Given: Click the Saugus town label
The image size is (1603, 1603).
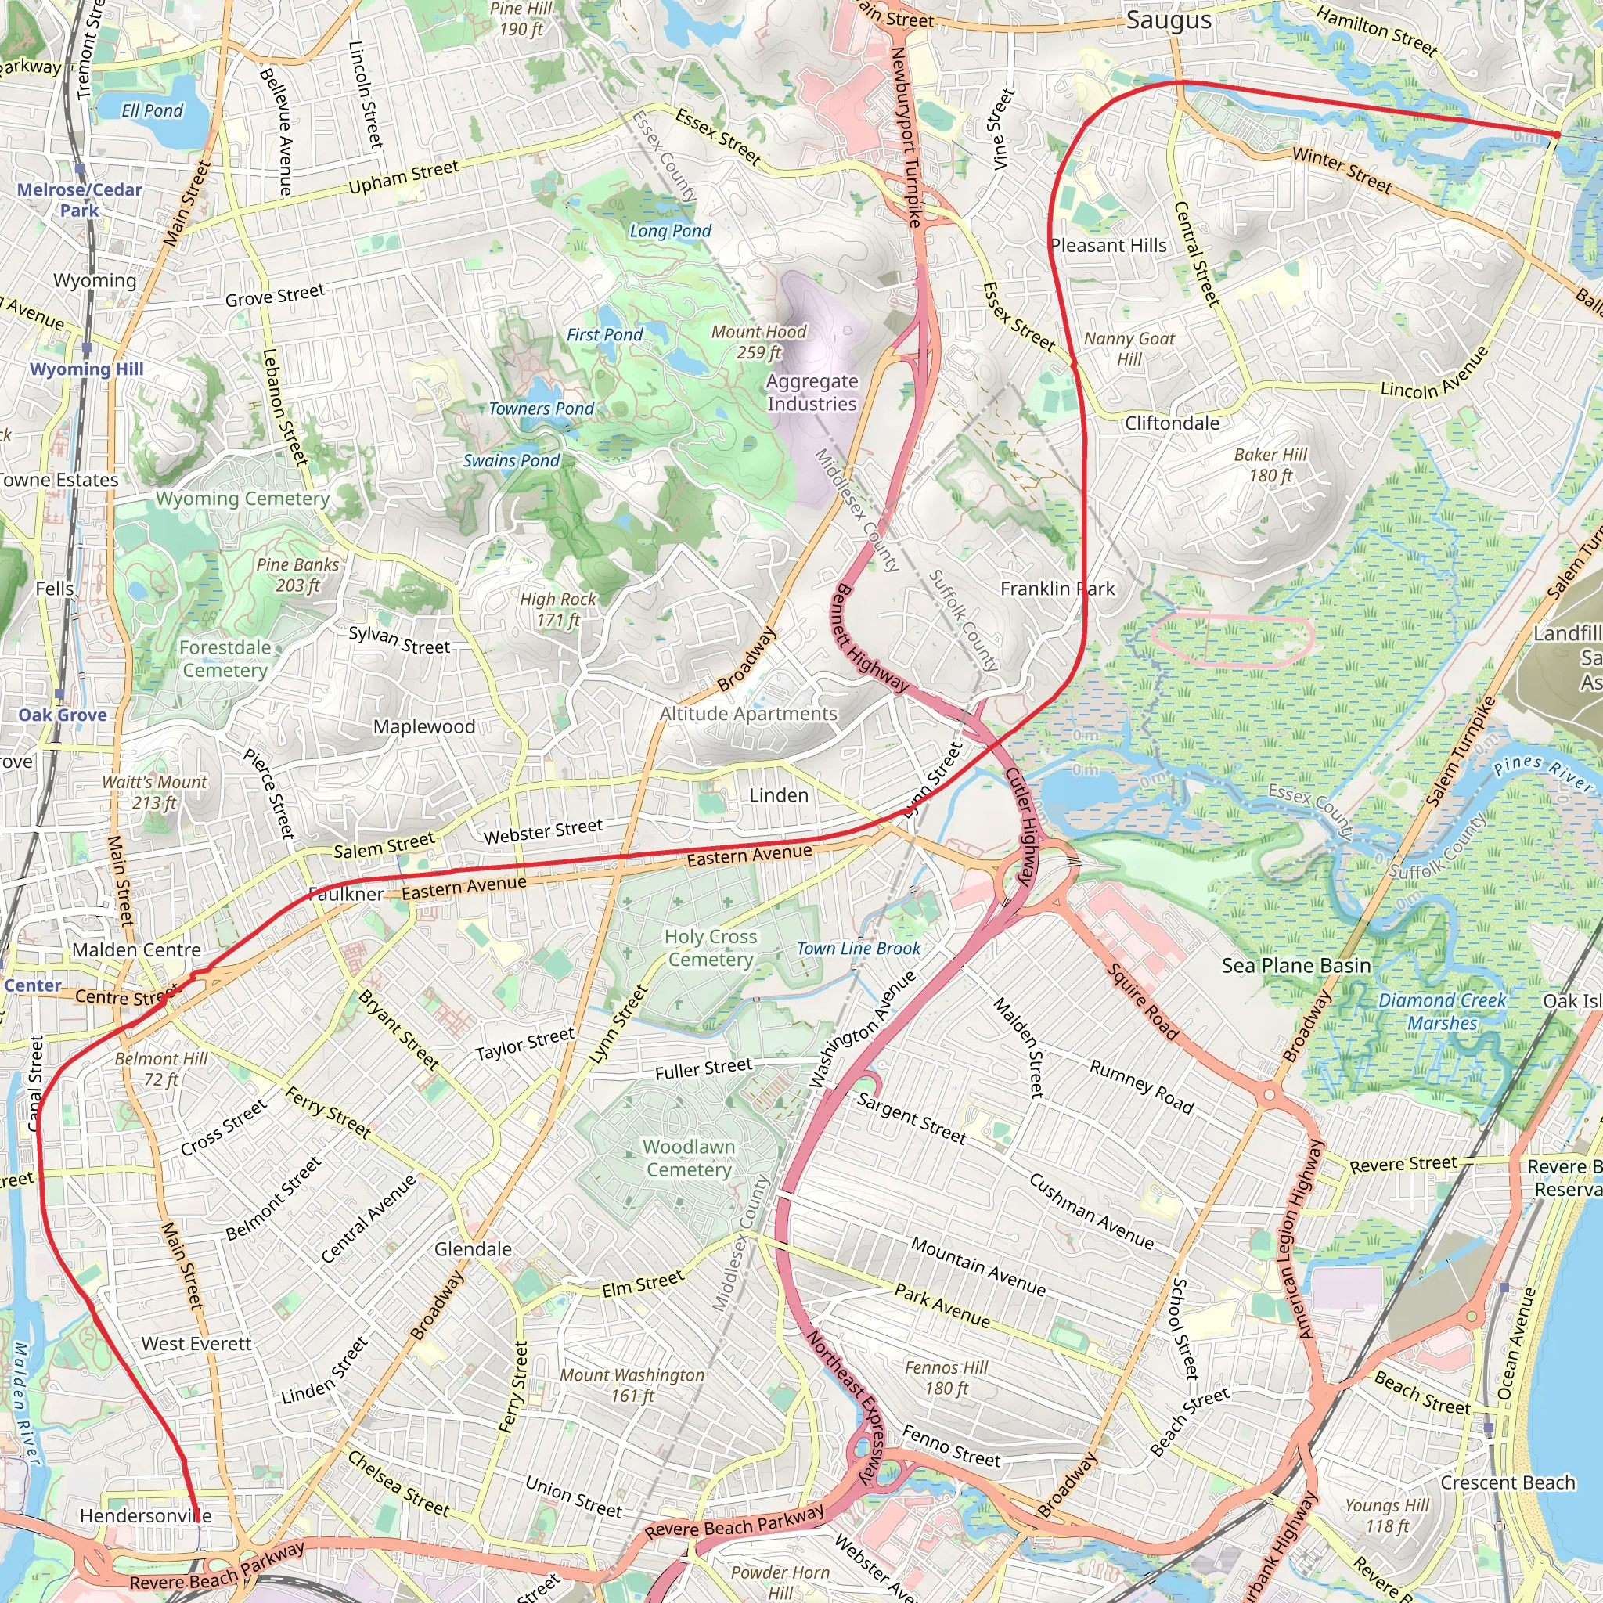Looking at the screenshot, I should point(1169,21).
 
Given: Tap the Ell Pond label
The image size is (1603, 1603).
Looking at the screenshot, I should point(152,110).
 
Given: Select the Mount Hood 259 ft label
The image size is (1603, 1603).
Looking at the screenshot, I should point(758,342).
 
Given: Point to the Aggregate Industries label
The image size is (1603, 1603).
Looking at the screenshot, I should point(812,392).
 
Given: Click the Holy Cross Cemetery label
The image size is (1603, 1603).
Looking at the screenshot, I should point(710,948).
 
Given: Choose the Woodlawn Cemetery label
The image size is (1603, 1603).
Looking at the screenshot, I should point(689,1158).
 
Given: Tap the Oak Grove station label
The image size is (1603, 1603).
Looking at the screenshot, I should point(63,715).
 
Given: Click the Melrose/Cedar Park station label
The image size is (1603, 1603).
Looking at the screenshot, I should point(80,200).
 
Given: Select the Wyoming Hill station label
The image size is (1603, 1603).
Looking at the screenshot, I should point(86,369).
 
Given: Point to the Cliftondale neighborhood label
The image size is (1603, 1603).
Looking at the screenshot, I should point(1172,423).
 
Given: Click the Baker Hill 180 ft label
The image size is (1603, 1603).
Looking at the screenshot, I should point(1270,465).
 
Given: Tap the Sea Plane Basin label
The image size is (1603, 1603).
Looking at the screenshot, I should point(1296,965).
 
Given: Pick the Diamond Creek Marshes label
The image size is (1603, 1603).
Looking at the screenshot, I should point(1442,1011).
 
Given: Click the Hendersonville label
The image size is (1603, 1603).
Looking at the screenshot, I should point(146,1516).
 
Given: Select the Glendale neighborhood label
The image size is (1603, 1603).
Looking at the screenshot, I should point(473,1248).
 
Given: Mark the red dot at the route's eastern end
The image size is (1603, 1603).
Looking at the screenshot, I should point(1557,135).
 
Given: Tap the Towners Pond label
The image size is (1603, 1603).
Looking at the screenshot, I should point(541,409).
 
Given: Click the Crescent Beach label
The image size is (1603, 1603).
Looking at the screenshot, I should point(1508,1482).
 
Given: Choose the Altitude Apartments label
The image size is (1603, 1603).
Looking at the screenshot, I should point(748,714).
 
